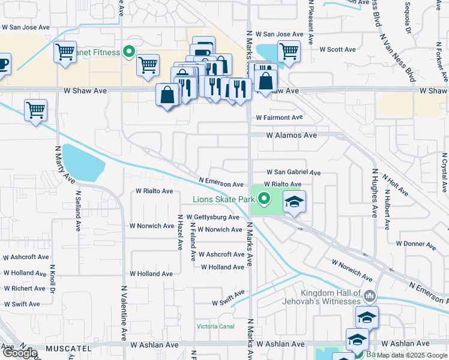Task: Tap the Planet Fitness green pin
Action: click(128, 52)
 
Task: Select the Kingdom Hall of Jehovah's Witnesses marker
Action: click(370, 296)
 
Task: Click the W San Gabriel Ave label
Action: click(294, 172)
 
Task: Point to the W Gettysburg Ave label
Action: click(212, 217)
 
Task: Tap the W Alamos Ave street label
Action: click(291, 136)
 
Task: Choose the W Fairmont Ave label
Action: click(279, 118)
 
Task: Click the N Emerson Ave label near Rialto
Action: click(221, 184)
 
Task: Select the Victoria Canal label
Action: click(215, 326)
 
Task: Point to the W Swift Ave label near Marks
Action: click(228, 299)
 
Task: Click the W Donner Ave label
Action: click(415, 244)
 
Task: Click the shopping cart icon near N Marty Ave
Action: click(35, 110)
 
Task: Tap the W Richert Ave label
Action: click(23, 289)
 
